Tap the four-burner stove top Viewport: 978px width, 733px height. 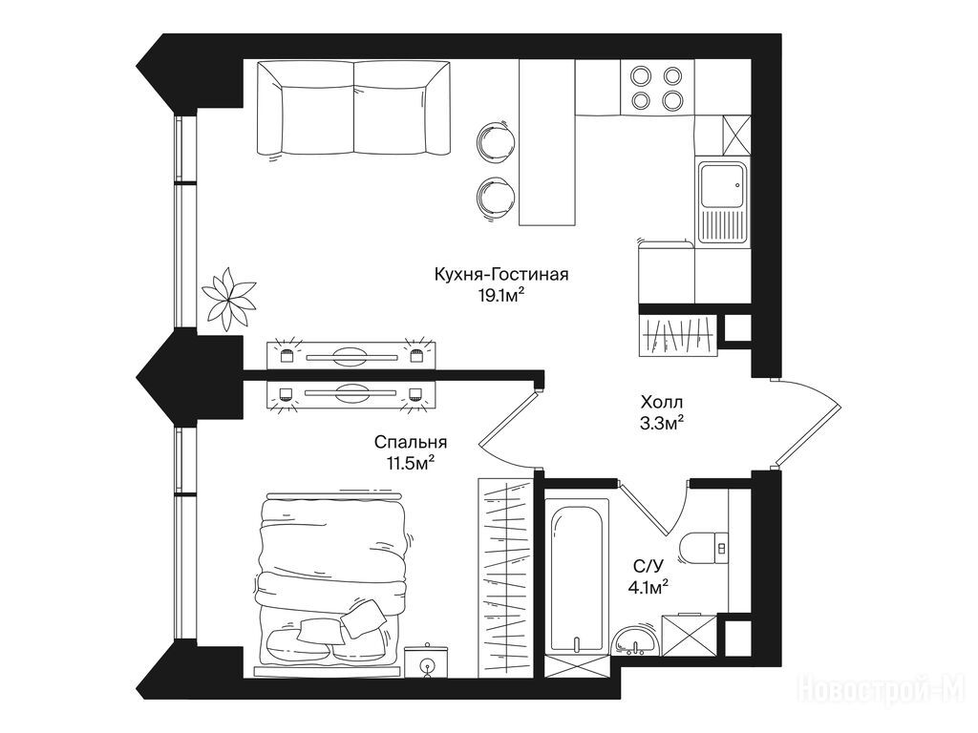(x=657, y=87)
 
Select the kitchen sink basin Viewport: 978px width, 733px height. (x=722, y=185)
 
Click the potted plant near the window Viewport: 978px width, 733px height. (x=228, y=299)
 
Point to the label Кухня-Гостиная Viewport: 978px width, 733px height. (x=501, y=274)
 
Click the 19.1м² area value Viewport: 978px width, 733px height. (x=500, y=296)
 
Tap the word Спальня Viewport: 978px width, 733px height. (x=411, y=443)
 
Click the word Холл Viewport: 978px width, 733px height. (x=662, y=402)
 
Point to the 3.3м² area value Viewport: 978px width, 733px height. (x=662, y=423)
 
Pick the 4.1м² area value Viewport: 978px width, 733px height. (x=648, y=587)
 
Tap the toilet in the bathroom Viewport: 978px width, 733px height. (x=705, y=549)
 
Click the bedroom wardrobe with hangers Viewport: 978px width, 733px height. (x=505, y=577)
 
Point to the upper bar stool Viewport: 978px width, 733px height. (x=496, y=141)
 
